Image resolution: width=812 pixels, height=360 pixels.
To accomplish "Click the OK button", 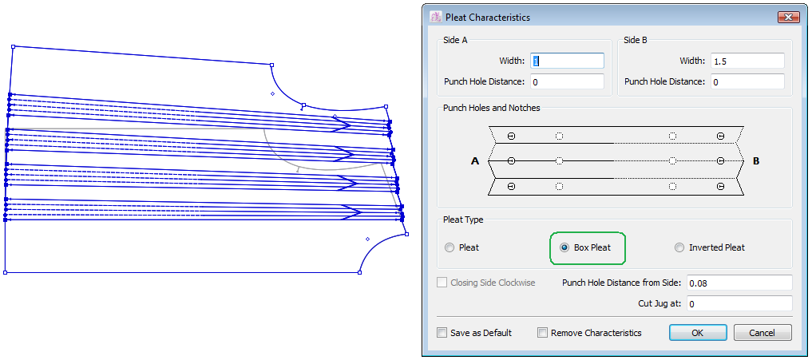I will point(697,333).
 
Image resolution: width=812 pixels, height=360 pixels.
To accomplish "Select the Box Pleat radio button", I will point(565,247).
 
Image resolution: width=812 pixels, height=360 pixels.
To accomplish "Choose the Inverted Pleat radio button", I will point(680,247).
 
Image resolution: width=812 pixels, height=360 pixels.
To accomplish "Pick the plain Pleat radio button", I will point(450,247).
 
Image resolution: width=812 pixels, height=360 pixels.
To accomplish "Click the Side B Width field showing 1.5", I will point(747,61).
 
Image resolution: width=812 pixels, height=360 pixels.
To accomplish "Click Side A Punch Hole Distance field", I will point(567,81).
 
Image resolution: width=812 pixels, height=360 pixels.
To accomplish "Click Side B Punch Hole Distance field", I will point(747,81).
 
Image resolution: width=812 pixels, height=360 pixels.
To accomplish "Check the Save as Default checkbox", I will point(442,333).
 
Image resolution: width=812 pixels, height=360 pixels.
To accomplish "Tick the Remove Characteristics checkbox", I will point(543,333).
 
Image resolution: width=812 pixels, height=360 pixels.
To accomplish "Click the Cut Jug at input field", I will point(739,303).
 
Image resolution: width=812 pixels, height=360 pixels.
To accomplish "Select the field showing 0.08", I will point(739,283).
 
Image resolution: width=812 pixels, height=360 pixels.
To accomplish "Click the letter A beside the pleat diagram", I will point(475,161).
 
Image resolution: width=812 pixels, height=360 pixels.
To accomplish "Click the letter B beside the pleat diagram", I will point(756,161).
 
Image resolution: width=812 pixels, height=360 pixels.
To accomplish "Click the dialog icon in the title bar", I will point(435,17).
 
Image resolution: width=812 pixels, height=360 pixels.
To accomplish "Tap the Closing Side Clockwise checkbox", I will point(442,283).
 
